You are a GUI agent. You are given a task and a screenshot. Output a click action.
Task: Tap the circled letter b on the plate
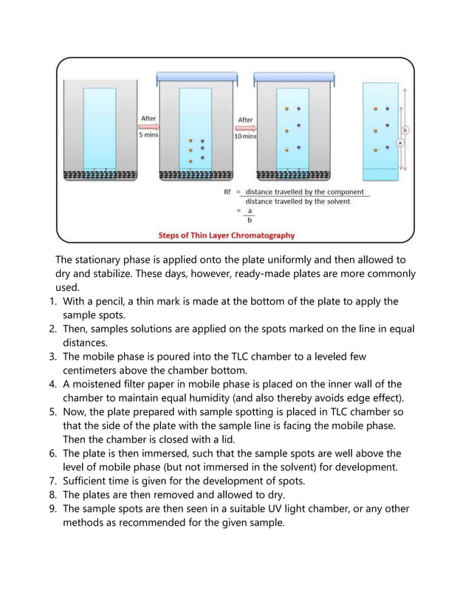point(405,130)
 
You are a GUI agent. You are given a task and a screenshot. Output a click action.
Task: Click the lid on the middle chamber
point(196,76)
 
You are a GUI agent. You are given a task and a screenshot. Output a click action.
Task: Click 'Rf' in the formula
point(228,193)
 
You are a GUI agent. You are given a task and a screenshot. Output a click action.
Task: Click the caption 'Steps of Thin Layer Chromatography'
point(227,236)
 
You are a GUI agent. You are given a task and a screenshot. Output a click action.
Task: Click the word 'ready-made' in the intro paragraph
point(253,274)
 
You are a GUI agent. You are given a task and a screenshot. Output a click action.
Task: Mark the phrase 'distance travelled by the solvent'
point(298,202)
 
